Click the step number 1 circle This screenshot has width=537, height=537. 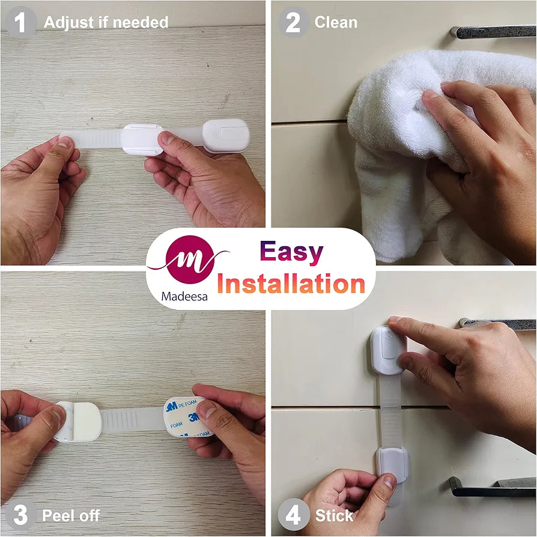point(20,22)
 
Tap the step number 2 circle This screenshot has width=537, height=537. point(293,22)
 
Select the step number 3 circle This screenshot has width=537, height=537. point(20,515)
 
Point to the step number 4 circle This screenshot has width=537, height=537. point(293,515)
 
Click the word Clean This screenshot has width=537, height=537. point(336,22)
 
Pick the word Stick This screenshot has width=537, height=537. point(334,515)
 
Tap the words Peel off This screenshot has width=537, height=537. point(71,515)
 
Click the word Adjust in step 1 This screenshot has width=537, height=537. point(68,23)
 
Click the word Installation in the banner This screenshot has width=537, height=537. point(291,284)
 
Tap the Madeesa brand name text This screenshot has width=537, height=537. point(184,296)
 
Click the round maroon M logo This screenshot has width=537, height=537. point(190,259)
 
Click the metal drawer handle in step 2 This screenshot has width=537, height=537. point(493,32)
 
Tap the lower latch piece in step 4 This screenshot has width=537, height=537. point(392,465)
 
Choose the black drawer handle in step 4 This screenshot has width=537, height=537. point(493,487)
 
